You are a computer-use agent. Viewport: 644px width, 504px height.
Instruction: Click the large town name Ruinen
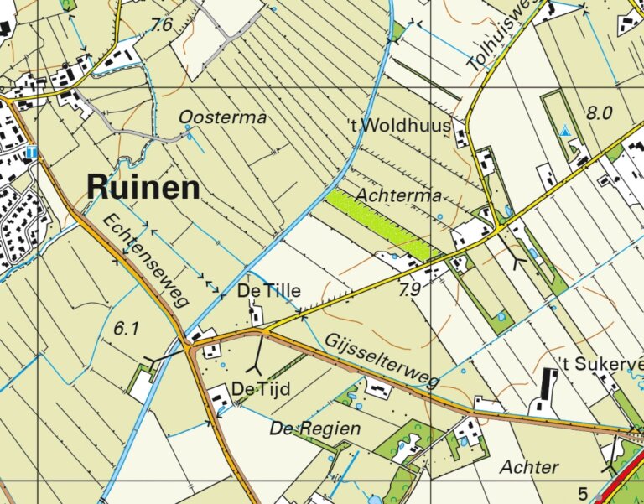click(x=143, y=187)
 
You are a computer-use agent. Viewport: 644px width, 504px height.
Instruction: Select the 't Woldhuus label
click(x=399, y=126)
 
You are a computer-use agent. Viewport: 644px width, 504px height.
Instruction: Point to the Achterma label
click(x=398, y=195)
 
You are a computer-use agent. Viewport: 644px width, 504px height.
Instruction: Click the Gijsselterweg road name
click(x=380, y=358)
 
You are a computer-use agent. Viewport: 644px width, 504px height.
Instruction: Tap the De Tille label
click(x=268, y=291)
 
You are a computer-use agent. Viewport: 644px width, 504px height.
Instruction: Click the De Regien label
click(x=314, y=429)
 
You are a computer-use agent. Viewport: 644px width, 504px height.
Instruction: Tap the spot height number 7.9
click(x=409, y=290)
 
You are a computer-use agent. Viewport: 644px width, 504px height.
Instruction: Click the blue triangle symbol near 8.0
click(x=566, y=132)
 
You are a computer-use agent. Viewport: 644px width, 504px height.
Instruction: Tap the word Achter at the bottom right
click(x=529, y=466)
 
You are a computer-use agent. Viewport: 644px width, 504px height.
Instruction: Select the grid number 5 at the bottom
click(x=583, y=492)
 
